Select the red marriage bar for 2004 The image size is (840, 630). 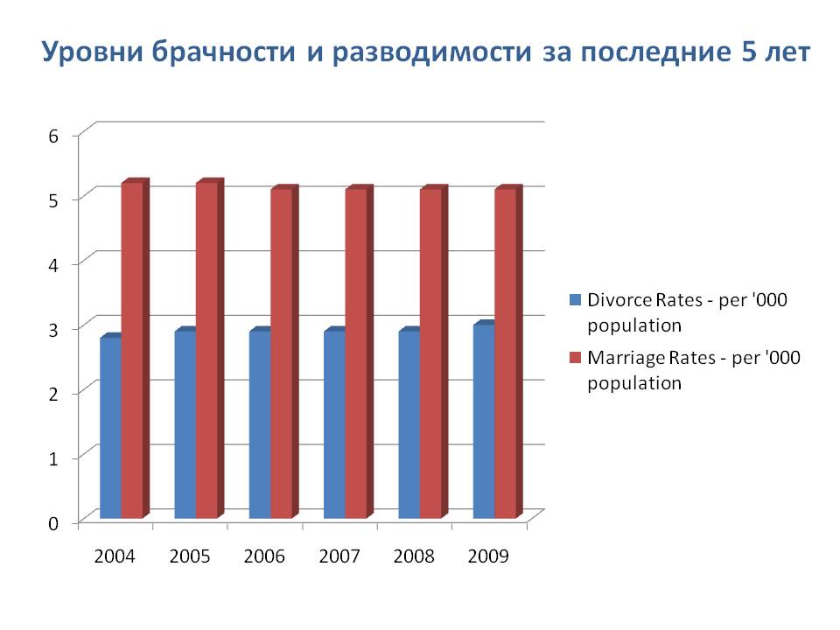point(132,350)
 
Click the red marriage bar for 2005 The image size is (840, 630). point(206,350)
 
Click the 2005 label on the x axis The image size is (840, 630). point(191,557)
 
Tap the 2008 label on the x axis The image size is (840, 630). point(415,557)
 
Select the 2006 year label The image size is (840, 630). point(265,557)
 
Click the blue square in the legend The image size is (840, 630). point(575,300)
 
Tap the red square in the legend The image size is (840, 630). point(575,357)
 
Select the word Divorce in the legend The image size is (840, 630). point(616,300)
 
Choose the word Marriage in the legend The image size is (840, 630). point(622,357)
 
